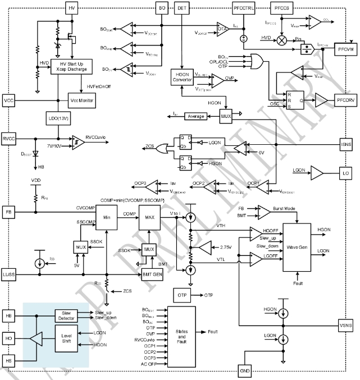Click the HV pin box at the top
(x=71, y=8)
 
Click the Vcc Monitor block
(x=81, y=99)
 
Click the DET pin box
(x=182, y=8)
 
